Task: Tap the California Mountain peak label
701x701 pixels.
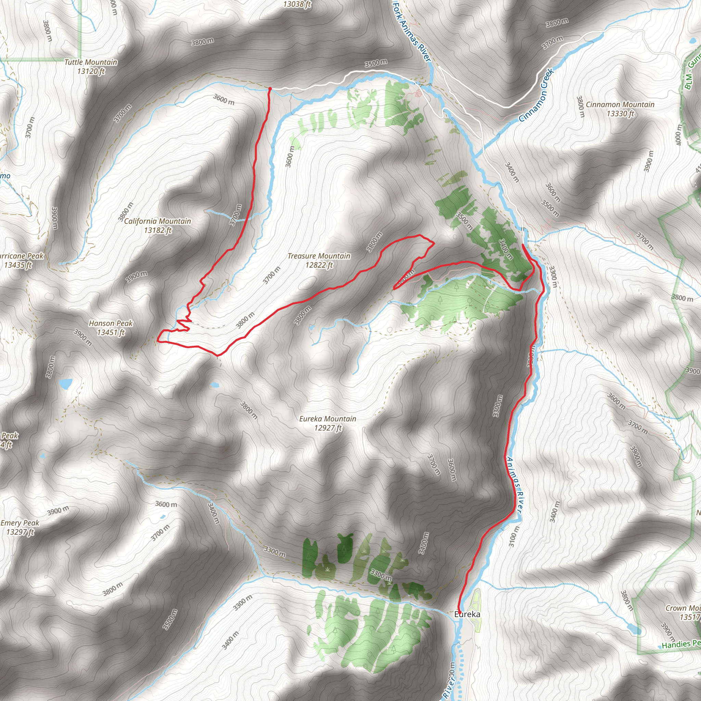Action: (157, 221)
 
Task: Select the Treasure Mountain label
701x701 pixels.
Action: (319, 256)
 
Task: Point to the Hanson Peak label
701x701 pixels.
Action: (111, 323)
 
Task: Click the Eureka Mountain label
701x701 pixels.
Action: (328, 419)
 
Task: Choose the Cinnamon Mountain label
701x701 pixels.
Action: (620, 104)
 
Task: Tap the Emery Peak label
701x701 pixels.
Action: (20, 523)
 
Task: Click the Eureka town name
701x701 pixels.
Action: (467, 614)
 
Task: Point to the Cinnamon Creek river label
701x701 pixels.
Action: (536, 95)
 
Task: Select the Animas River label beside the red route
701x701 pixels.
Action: (514, 485)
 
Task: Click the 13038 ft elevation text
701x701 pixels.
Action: (297, 4)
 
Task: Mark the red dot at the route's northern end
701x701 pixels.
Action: (270, 89)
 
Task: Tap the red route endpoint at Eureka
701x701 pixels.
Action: (459, 612)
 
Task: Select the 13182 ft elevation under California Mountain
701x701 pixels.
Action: (157, 230)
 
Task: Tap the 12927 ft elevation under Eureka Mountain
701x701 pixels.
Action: (328, 428)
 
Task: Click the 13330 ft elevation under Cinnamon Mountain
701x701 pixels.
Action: (620, 114)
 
